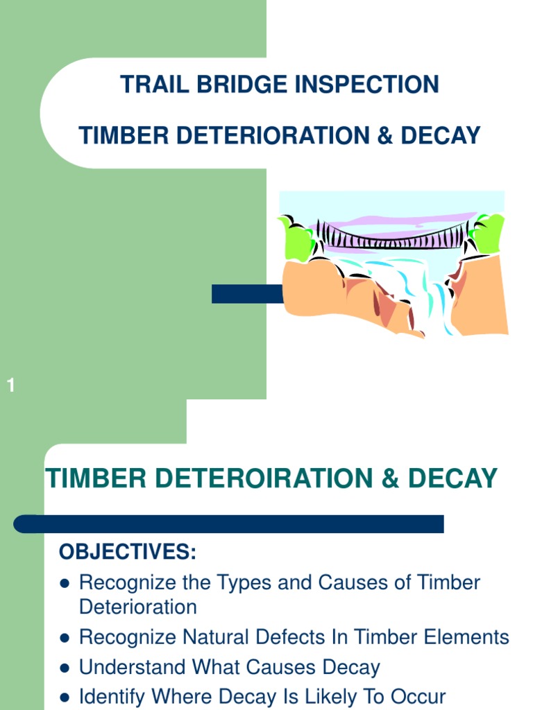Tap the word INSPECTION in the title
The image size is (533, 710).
point(367,85)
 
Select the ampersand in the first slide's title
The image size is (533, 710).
point(385,136)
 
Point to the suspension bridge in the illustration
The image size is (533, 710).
point(392,236)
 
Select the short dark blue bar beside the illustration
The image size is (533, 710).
point(246,294)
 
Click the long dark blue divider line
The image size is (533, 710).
point(229,524)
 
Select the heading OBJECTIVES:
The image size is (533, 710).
point(128,553)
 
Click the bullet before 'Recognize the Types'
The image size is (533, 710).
point(65,583)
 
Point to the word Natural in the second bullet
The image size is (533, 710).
point(222,637)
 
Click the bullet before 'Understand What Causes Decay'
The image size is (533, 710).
point(65,668)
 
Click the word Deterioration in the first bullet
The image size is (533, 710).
point(138,607)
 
